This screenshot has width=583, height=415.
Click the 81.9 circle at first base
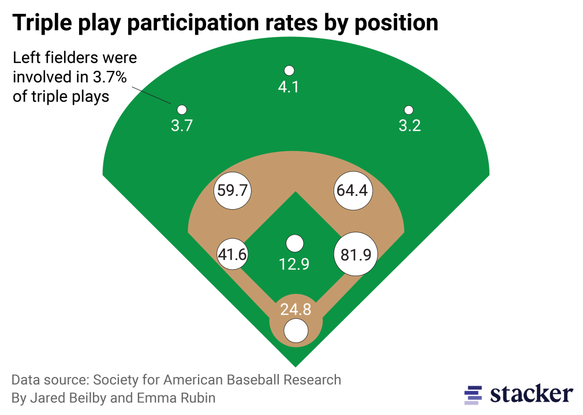(356, 254)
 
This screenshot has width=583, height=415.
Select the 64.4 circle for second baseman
(352, 190)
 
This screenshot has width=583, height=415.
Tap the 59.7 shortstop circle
(233, 190)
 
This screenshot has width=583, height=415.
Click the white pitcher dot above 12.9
(295, 243)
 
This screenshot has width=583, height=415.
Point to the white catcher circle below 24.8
(296, 331)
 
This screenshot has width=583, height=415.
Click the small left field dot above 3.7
(181, 110)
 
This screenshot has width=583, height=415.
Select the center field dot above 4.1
(289, 70)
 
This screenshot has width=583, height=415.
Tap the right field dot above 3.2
(409, 110)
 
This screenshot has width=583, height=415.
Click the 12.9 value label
(294, 265)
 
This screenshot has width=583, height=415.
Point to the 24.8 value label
(296, 310)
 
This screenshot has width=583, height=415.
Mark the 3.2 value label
(410, 126)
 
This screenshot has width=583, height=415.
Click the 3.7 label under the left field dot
(182, 126)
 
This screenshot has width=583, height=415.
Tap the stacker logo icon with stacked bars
(473, 394)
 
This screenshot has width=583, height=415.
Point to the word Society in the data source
(115, 380)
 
